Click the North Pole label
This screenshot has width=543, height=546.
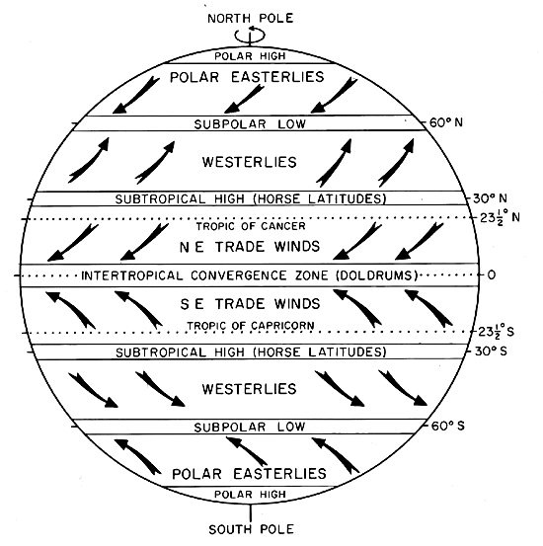pos(251,18)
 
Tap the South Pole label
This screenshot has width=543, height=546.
pos(251,529)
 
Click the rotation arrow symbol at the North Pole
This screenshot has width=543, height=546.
pos(250,36)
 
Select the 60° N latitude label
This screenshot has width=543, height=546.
pos(446,122)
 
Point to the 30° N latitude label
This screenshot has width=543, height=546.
pos(490,198)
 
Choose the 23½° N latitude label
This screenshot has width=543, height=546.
pos(500,217)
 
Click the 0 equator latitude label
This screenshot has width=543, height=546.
pos(491,275)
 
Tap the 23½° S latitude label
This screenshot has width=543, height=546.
pos(496,331)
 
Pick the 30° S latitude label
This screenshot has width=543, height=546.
pos(491,351)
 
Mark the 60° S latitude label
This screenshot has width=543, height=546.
pos(448,426)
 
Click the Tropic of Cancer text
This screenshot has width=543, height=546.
pos(251,226)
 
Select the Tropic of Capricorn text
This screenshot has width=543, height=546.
pos(251,326)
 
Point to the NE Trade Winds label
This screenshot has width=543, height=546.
pos(250,247)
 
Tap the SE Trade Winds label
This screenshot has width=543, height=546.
pos(250,304)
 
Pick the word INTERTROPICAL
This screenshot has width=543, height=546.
pos(132,275)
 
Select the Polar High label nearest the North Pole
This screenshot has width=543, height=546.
pos(250,56)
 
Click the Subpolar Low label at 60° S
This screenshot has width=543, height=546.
pos(250,427)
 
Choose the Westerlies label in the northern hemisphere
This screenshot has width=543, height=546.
pos(250,162)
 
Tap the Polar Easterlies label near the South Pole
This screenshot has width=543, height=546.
pos(249,474)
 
